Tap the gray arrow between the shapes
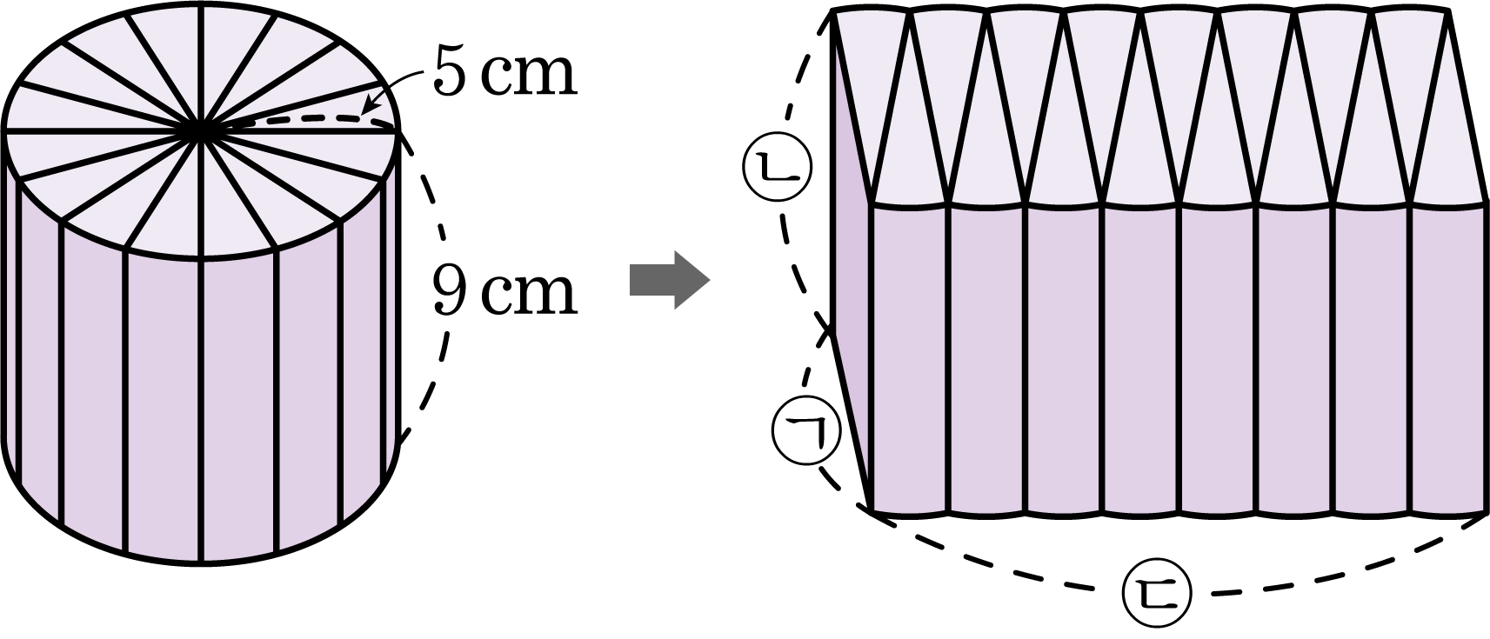[670, 280]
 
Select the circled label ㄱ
[807, 431]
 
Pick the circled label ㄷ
[1157, 591]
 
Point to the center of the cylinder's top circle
[202, 131]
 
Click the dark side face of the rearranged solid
[850, 279]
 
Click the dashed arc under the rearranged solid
[1178, 569]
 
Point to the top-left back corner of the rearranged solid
[832, 12]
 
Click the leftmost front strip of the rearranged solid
[910, 359]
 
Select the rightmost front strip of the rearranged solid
[1450, 359]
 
